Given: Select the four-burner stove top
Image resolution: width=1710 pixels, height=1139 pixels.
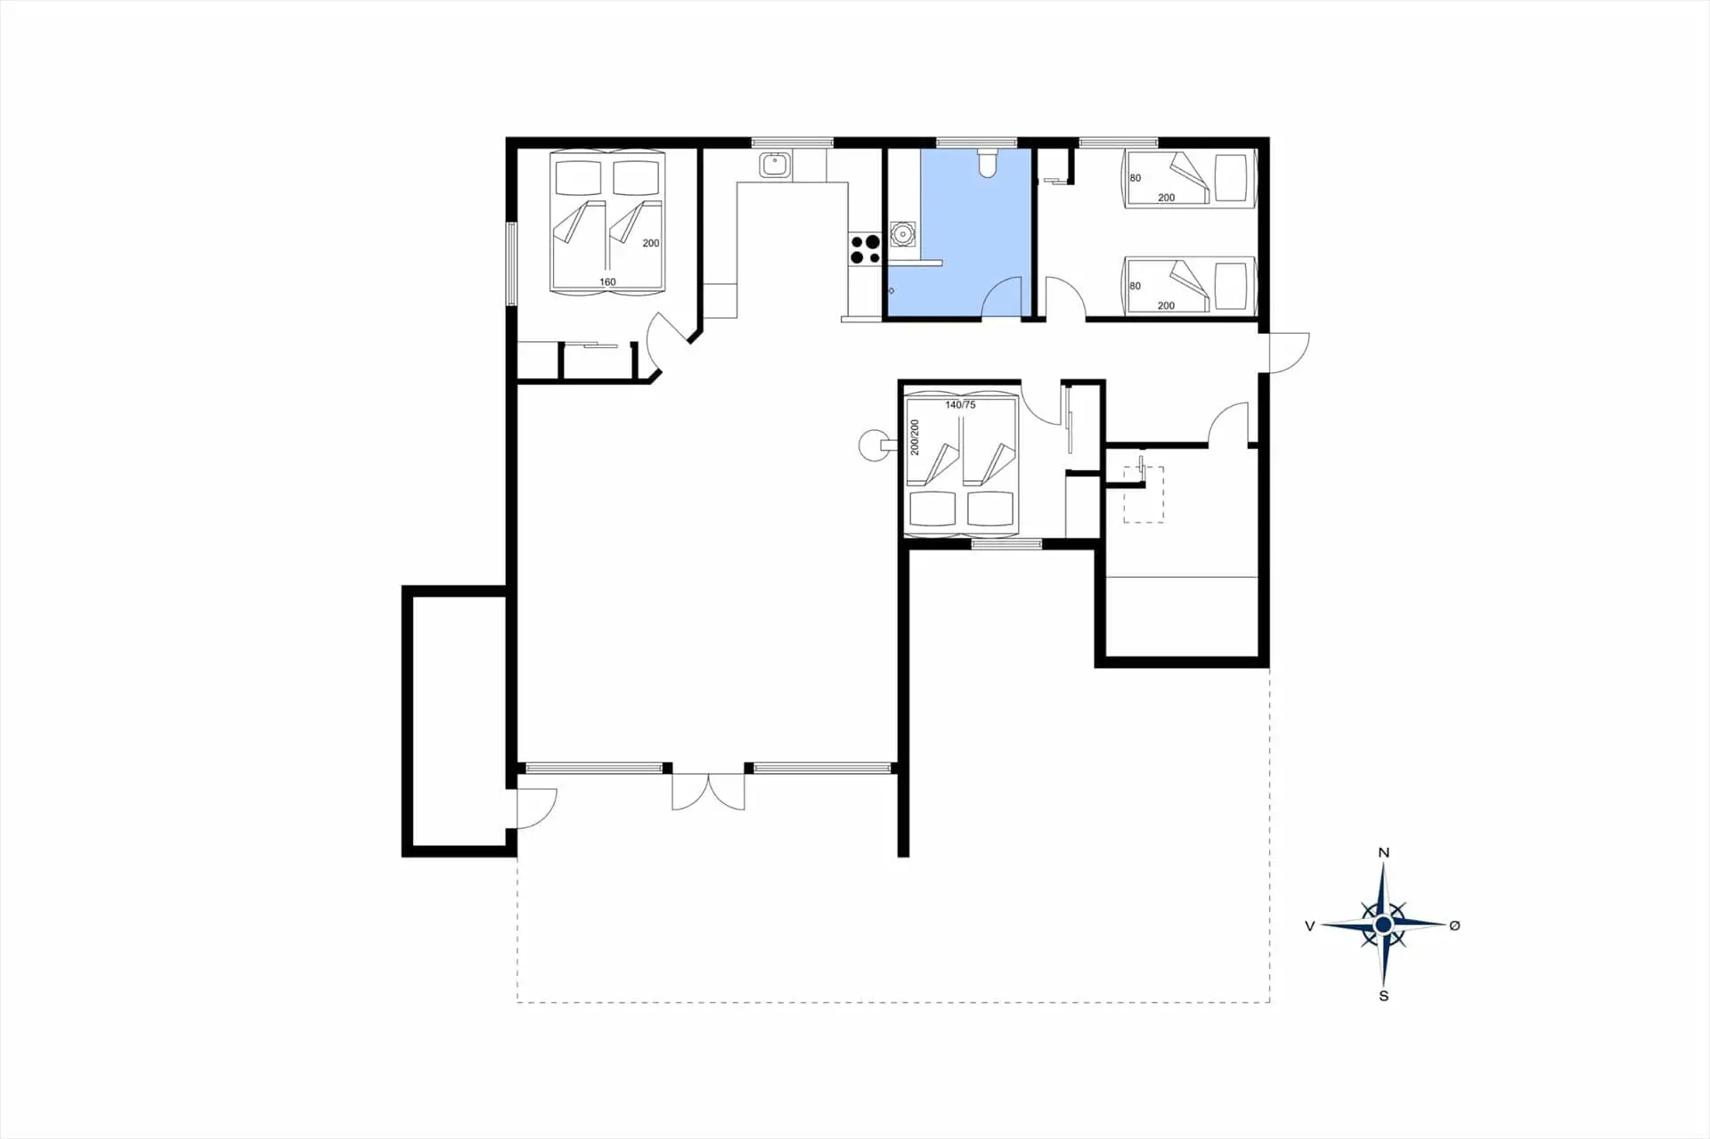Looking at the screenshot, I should tap(864, 249).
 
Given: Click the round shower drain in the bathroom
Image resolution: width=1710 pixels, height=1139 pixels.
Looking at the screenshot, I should tap(903, 235).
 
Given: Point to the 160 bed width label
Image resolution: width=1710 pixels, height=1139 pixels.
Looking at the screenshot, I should tap(607, 282).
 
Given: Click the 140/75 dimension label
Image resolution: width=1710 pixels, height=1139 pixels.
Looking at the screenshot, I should tap(960, 404).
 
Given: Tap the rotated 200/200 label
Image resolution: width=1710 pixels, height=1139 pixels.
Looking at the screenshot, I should tap(915, 437).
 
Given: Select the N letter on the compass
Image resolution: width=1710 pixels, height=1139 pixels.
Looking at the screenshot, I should tap(1383, 852).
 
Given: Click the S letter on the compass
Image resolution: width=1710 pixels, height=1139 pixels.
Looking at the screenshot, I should tap(1383, 996).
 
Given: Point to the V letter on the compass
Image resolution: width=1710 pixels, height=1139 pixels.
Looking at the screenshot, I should tap(1309, 926).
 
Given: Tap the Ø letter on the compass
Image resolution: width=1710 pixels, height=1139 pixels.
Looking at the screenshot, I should tap(1454, 925).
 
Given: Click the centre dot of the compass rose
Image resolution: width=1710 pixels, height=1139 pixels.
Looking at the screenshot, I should tap(1383, 925).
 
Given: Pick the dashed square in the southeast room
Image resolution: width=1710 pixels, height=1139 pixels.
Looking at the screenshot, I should tap(1144, 495).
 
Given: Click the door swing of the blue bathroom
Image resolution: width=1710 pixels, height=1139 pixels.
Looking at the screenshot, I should tap(1003, 297).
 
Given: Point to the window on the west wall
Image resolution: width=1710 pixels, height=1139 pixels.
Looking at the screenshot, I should tap(512, 264).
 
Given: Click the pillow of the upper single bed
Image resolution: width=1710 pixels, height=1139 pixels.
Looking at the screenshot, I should tap(1231, 179).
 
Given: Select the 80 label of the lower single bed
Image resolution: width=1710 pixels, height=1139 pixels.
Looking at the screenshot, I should tap(1135, 286).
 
